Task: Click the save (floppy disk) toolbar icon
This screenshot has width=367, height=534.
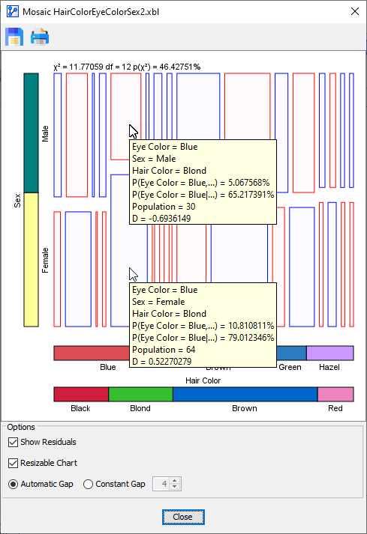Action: click(14, 36)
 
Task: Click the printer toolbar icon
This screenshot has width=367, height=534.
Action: click(39, 36)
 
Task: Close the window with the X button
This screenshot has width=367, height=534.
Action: click(354, 11)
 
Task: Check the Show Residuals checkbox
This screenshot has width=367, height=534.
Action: click(13, 442)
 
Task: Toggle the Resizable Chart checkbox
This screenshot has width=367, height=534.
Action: click(13, 463)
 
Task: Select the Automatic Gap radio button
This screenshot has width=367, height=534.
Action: click(13, 484)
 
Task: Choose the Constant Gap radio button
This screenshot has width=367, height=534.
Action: click(89, 484)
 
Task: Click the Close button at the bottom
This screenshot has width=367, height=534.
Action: click(182, 517)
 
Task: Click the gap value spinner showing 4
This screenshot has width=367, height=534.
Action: click(162, 484)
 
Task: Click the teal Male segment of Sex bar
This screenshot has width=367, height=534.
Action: click(31, 133)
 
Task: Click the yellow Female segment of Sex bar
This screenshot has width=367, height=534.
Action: click(31, 259)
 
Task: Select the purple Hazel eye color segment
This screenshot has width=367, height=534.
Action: click(329, 353)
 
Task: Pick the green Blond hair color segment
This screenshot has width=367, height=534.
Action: click(140, 394)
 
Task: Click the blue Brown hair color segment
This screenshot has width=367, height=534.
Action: click(245, 394)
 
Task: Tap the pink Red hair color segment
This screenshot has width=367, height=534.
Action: click(335, 394)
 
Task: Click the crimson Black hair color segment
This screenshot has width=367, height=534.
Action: click(81, 394)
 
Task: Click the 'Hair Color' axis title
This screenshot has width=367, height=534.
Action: click(203, 380)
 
